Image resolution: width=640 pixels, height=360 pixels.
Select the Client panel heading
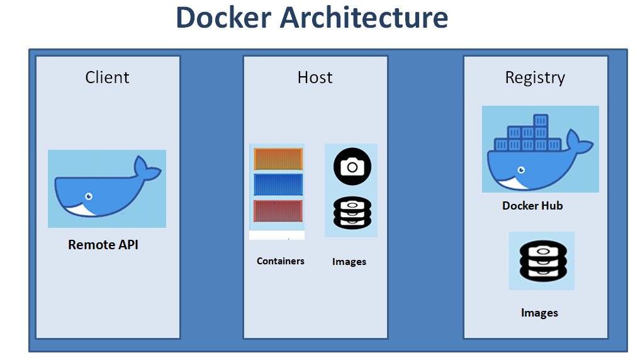point(107,77)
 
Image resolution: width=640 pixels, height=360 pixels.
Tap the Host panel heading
point(315,77)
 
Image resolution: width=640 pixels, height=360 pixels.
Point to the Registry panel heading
point(535,77)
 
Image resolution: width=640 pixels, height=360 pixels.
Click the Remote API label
point(103,245)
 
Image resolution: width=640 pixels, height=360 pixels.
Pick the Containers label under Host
point(281,261)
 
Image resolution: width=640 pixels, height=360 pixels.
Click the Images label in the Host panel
point(349,262)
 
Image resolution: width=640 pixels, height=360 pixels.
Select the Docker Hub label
point(532,206)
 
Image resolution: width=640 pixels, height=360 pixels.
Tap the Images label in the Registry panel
point(539,313)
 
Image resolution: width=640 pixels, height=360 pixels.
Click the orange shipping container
point(278,159)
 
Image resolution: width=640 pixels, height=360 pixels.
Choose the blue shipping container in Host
point(278,184)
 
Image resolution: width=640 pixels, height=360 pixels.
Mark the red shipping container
point(278,211)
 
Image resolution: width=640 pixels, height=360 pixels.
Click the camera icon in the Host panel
point(352,167)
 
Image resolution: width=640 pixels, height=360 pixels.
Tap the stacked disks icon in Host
point(352,212)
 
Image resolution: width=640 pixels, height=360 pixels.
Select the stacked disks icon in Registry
point(541,262)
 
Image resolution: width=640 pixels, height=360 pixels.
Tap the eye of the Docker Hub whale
point(520,170)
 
